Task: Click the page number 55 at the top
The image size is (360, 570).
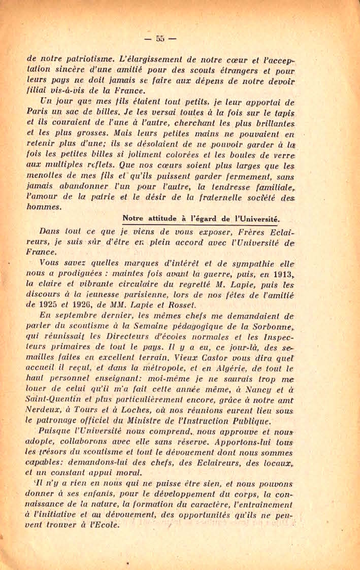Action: pyautogui.click(x=160, y=38)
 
